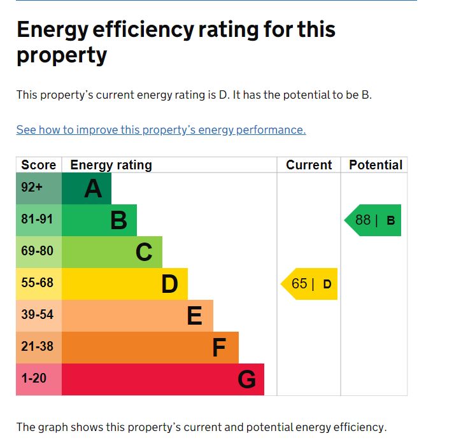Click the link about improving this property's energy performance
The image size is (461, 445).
161,130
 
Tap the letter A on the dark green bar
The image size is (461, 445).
93,188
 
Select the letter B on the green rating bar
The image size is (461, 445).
118,220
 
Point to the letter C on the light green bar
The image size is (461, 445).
144,252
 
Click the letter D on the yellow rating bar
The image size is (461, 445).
169,284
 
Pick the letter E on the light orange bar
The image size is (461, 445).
195,316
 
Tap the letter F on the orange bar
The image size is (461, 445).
219,348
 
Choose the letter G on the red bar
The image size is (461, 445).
246,379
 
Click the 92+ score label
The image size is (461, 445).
32,188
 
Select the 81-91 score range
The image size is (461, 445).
38,220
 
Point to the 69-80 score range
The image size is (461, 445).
38,251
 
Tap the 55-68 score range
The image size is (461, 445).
38,283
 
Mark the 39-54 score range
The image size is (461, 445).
38,314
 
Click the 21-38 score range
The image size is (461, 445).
38,346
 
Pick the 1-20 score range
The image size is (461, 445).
34,378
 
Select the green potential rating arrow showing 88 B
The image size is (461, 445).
374,220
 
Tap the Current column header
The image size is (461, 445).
309,165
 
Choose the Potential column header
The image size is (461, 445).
376,165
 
